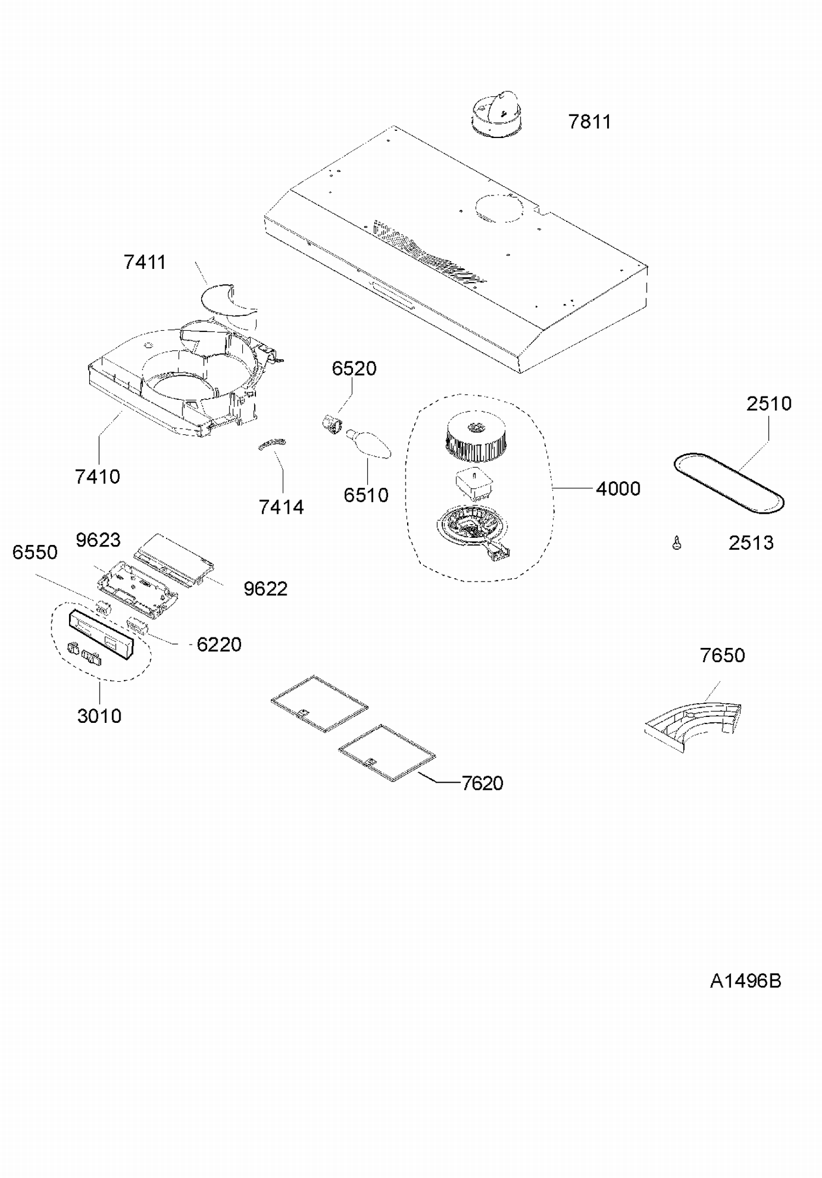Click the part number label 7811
tap(589, 122)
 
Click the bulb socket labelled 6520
tap(331, 423)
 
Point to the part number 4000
tap(618, 489)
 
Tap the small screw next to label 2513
tap(677, 543)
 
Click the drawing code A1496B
tap(745, 981)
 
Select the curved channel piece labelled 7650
tap(693, 721)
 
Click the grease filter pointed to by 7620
tap(387, 752)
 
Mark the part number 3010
tap(99, 716)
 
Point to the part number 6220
tap(219, 645)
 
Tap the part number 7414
tap(281, 507)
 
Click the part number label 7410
tap(98, 476)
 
